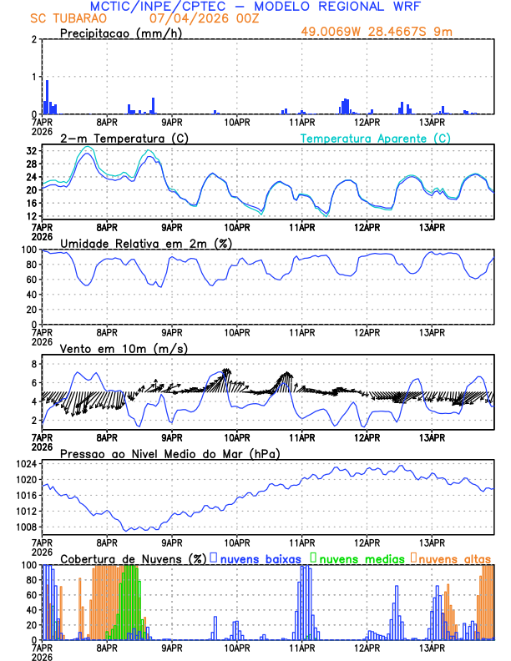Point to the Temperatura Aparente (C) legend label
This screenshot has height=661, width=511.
coord(376,138)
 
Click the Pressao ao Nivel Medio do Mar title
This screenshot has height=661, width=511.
coord(169,453)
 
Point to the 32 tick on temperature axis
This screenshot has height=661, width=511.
coord(32,151)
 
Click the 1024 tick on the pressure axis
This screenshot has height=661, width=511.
coord(27,464)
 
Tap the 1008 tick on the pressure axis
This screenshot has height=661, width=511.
coord(27,527)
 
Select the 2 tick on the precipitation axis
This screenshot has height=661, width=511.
coord(33,39)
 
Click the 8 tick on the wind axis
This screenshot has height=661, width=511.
coord(33,364)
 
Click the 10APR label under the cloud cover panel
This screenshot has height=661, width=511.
coord(237,648)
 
